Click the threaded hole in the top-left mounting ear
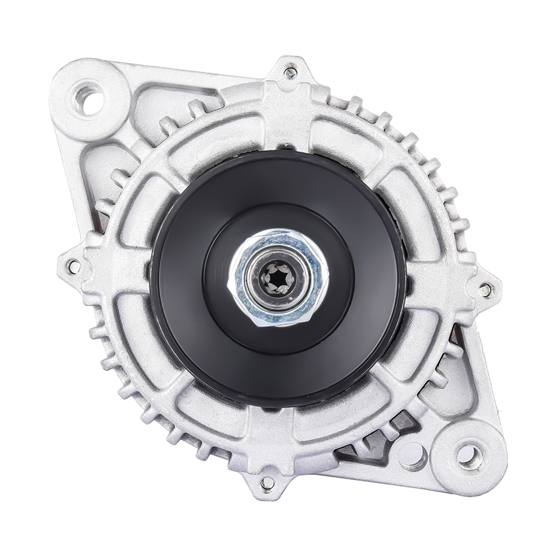(x=89, y=99)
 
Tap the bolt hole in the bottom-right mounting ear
(x=469, y=456)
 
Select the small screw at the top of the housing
(x=290, y=73)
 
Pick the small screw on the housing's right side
(x=484, y=290)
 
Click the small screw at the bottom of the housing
(x=267, y=483)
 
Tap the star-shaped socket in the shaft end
(x=279, y=277)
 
